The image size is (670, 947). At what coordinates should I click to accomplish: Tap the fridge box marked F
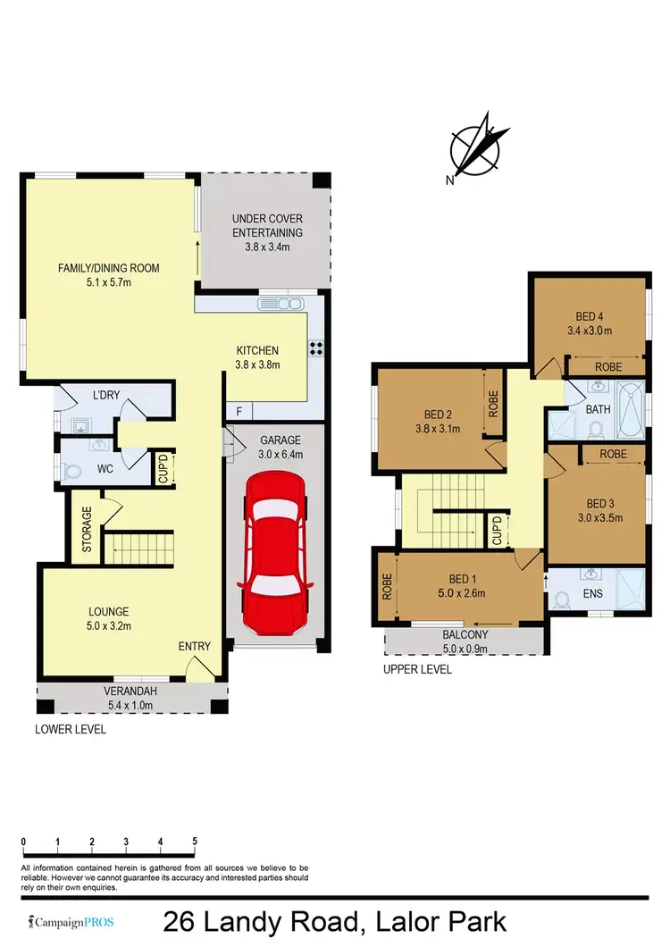pyautogui.click(x=239, y=411)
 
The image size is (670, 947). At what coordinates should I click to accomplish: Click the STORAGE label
pyautogui.click(x=87, y=532)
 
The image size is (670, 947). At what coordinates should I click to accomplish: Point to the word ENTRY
pyautogui.click(x=195, y=646)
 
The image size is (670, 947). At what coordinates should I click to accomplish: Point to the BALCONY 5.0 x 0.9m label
pyautogui.click(x=465, y=641)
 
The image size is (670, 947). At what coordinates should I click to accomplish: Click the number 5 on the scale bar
pyautogui.click(x=195, y=842)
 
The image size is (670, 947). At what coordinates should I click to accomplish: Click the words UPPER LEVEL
pyautogui.click(x=417, y=669)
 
